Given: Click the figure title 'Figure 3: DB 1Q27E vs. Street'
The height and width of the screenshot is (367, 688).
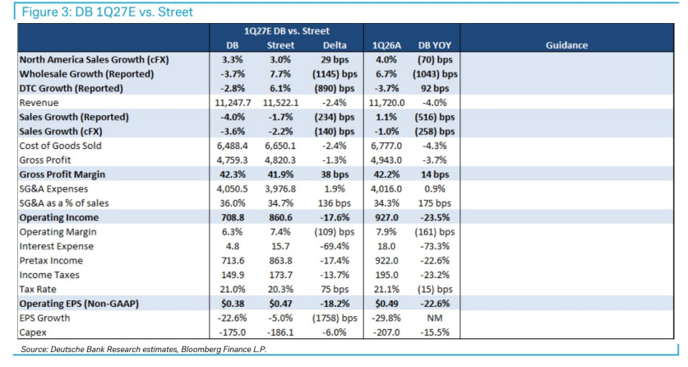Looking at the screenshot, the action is (108, 12).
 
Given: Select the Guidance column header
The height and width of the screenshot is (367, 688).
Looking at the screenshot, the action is (566, 45).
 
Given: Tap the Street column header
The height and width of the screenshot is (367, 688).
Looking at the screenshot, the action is (280, 45).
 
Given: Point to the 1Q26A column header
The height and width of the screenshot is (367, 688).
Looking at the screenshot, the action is (386, 45).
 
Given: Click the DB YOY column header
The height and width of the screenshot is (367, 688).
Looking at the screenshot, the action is (434, 45).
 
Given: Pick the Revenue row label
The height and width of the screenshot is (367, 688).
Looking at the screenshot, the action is (39, 103).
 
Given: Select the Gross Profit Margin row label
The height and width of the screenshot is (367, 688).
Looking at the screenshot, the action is (62, 174).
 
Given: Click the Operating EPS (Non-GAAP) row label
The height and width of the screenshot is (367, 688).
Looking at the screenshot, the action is (79, 304).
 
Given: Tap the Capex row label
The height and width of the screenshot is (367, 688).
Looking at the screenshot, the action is (33, 332).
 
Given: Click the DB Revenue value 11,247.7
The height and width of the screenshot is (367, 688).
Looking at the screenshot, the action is (233, 103).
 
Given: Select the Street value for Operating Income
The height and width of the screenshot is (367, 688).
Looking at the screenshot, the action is (280, 217).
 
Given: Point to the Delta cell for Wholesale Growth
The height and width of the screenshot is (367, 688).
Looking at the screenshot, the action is (335, 74).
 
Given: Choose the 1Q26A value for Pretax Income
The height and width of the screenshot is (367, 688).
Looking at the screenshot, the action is (386, 260).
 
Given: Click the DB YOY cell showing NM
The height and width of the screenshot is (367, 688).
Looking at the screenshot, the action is (434, 318).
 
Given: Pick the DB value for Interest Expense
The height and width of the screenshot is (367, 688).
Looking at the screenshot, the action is (233, 246).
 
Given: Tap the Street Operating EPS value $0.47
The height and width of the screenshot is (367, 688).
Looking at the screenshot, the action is (280, 304).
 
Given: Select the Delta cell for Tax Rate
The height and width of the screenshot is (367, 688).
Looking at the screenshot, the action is (335, 290).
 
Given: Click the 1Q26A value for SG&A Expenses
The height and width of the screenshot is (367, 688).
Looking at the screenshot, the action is (386, 188).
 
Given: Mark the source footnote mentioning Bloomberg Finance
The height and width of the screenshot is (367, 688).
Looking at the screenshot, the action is (144, 350).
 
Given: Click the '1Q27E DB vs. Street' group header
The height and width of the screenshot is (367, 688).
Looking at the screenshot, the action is (287, 30).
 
